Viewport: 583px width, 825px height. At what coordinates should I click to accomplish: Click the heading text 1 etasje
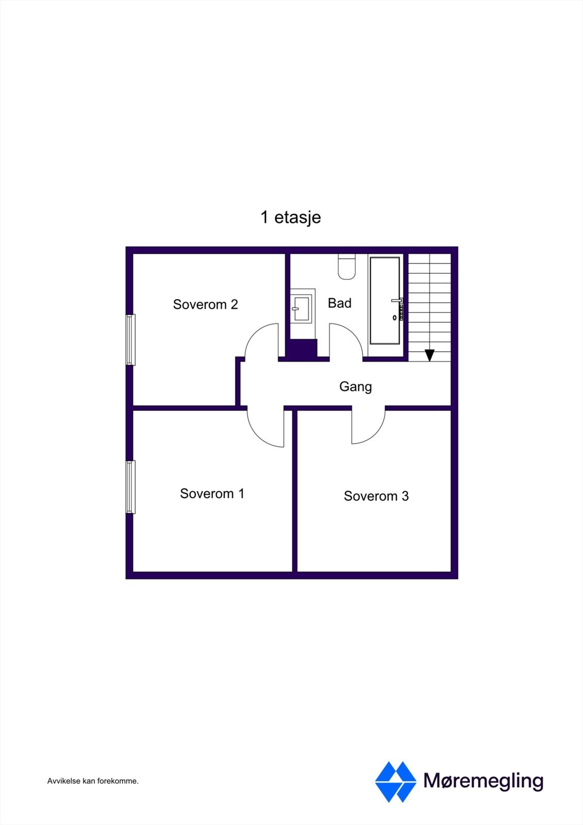pos(291,217)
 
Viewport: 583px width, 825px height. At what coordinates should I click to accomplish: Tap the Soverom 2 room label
pos(205,304)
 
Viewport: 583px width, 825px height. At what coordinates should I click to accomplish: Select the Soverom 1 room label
pos(212,493)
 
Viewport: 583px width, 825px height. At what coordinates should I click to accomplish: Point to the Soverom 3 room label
pos(376,496)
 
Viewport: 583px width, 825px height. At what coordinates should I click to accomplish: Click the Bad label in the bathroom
pos(340,303)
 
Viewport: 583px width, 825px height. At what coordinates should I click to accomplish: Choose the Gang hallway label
pos(355,386)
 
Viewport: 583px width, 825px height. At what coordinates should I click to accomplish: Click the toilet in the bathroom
pos(346,267)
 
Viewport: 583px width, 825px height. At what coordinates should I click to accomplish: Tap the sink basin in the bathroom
pos(302,308)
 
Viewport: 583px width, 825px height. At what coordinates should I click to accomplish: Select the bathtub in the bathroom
pos(385,300)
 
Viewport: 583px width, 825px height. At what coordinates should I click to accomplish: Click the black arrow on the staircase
pos(429,355)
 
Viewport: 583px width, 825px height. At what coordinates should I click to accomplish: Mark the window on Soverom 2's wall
pos(131,340)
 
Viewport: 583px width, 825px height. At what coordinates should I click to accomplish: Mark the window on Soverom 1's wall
pos(131,487)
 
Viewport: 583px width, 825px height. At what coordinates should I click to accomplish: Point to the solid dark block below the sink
pos(303,350)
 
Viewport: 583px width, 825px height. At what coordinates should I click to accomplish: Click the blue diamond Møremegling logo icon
pos(395,782)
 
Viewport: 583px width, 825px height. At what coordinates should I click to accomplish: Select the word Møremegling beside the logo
pos(483,781)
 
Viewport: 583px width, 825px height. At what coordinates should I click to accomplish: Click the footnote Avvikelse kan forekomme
pos(93,781)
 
